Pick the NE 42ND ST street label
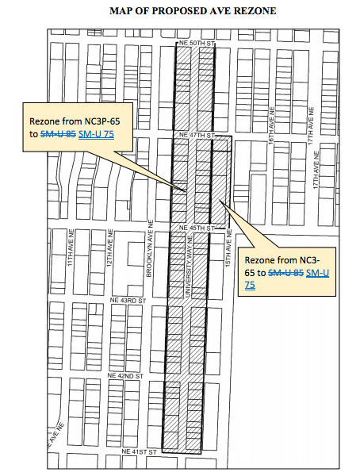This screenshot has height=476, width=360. click(124, 374)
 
